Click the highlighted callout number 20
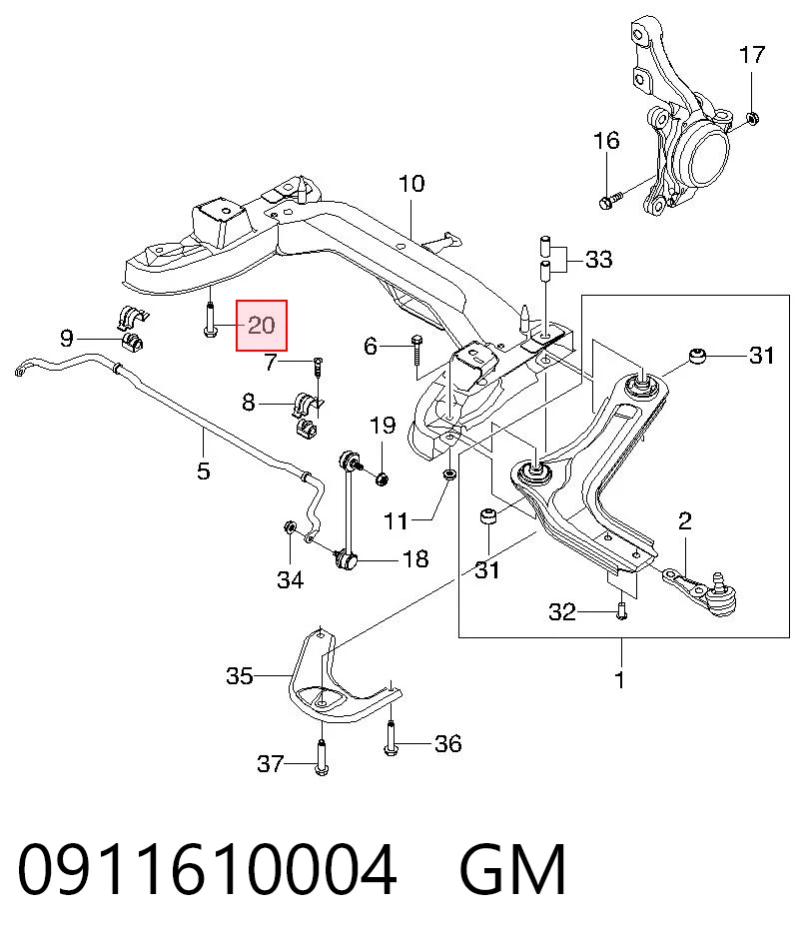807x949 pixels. point(262,326)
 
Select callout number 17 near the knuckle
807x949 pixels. point(752,55)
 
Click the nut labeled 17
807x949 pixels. point(752,118)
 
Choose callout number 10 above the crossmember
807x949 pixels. point(411,184)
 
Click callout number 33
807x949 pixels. point(599,260)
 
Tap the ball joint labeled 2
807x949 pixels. point(703,590)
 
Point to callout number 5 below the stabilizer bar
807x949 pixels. point(204,471)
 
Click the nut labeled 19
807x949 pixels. point(382,479)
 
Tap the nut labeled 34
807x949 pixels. point(290,527)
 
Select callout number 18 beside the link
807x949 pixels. point(415,558)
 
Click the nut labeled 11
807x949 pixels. point(448,474)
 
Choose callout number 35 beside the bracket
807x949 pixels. point(240,676)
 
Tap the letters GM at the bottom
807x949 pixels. point(512,870)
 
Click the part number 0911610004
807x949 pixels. point(207,870)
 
